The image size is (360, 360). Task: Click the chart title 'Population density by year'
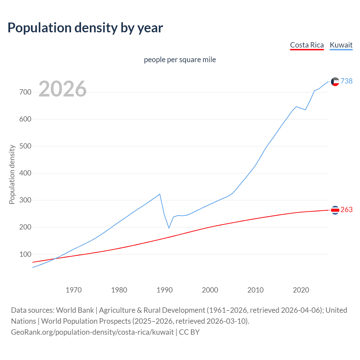click(x=85, y=28)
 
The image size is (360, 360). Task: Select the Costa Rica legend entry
click(x=307, y=45)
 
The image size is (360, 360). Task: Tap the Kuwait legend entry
click(x=341, y=45)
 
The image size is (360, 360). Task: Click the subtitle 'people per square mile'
click(x=180, y=60)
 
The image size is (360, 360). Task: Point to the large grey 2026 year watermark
click(x=62, y=89)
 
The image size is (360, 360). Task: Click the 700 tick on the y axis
click(x=25, y=92)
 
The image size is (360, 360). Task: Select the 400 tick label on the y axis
click(x=25, y=173)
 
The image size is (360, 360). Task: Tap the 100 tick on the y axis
click(x=25, y=254)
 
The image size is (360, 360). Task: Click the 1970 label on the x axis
click(x=74, y=290)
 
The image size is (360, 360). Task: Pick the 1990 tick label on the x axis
click(x=165, y=290)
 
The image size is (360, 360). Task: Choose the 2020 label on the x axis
click(x=301, y=290)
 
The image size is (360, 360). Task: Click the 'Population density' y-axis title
click(x=12, y=174)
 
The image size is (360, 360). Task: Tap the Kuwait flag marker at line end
click(x=335, y=82)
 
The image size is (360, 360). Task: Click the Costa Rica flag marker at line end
click(x=335, y=210)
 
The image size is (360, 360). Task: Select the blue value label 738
click(x=346, y=81)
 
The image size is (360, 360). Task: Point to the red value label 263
click(x=346, y=210)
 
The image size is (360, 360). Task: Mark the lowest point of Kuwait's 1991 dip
click(x=169, y=228)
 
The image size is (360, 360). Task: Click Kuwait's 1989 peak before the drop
click(x=160, y=194)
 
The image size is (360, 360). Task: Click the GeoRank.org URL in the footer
click(x=92, y=332)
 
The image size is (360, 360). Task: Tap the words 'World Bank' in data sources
click(x=75, y=310)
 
